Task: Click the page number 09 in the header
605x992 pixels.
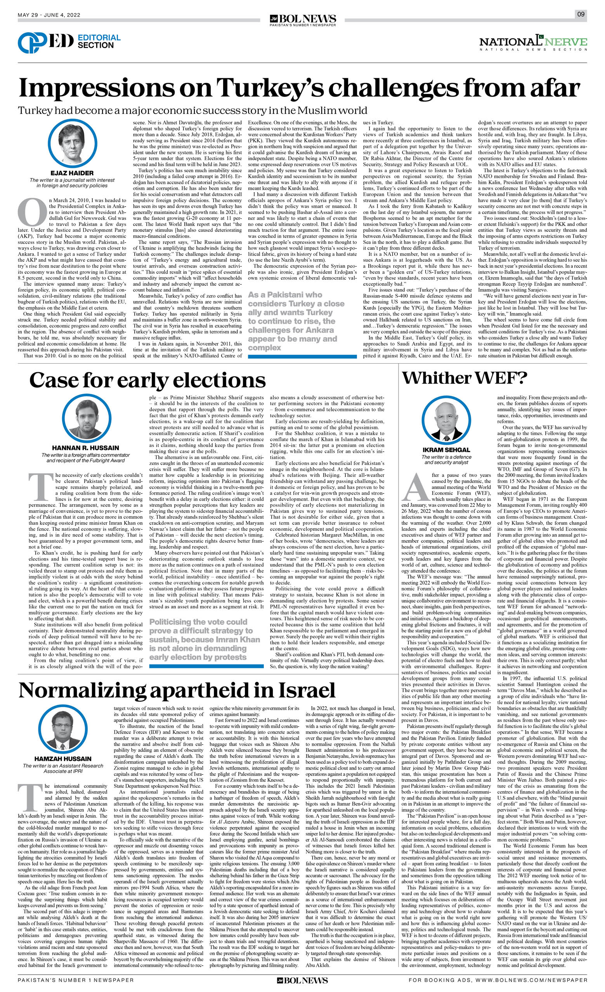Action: (x=581, y=14)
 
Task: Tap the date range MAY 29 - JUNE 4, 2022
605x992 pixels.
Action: (x=49, y=15)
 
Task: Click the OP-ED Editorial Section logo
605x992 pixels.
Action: (x=69, y=42)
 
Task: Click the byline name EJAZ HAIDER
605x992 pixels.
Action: (x=72, y=173)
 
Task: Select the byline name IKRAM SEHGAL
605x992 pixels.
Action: (x=446, y=450)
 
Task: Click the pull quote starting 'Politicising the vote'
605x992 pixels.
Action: (x=205, y=639)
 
